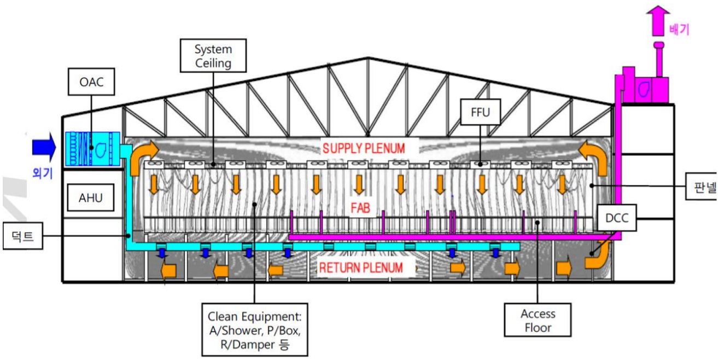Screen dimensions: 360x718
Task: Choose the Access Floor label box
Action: [538, 321]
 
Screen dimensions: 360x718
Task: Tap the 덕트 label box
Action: [24, 236]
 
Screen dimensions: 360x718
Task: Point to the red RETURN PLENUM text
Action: [361, 268]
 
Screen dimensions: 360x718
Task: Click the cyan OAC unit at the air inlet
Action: [92, 149]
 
